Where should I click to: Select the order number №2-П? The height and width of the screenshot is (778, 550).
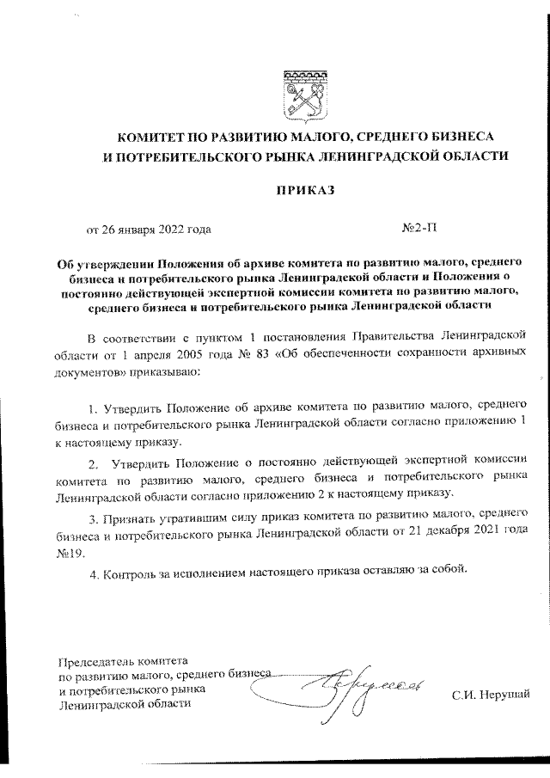[x=419, y=230]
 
